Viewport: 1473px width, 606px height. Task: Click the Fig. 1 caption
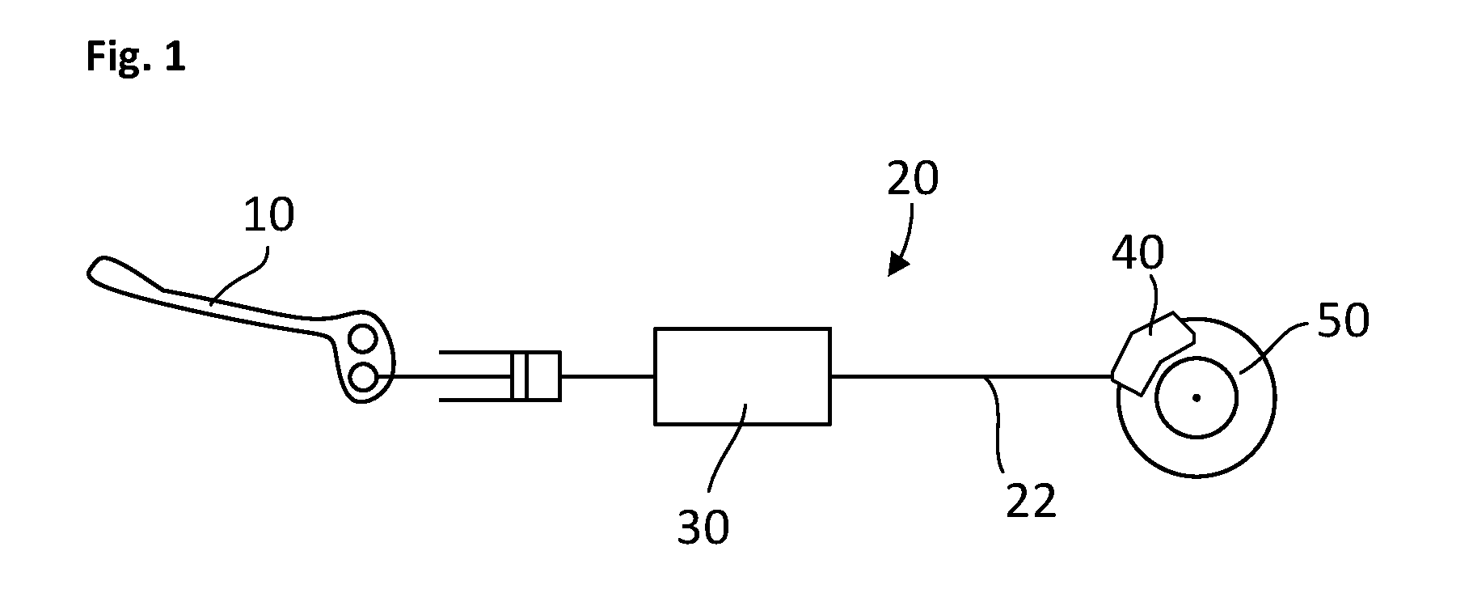point(136,58)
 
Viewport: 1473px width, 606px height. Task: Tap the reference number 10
point(268,216)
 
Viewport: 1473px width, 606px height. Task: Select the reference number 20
point(913,179)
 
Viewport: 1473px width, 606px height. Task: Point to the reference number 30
point(703,527)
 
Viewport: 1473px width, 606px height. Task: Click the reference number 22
point(1032,501)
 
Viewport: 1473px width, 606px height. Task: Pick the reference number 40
point(1137,253)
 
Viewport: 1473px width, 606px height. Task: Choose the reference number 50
point(1344,320)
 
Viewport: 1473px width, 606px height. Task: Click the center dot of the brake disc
point(1197,397)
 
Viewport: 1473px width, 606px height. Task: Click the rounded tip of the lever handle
point(94,269)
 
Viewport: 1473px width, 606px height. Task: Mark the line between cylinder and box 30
point(607,375)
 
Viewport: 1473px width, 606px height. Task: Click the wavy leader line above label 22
point(997,424)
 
